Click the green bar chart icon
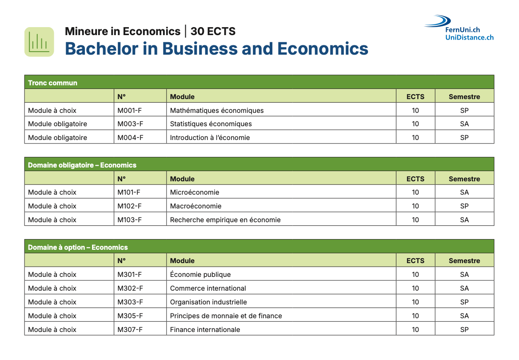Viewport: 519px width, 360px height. [x=39, y=42]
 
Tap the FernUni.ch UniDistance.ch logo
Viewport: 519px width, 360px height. [x=460, y=28]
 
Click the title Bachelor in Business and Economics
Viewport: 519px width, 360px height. [x=216, y=48]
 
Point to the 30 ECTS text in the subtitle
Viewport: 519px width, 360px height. [x=213, y=31]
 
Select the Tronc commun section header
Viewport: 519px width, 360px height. [x=52, y=83]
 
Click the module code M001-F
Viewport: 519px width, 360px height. [x=130, y=110]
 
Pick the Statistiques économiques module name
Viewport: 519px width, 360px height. [x=211, y=124]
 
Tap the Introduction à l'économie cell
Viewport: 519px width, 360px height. [x=210, y=138]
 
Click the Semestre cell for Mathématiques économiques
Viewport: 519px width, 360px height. [x=464, y=110]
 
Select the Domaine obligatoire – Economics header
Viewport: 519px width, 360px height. [x=82, y=165]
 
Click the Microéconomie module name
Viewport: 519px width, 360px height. [x=195, y=192]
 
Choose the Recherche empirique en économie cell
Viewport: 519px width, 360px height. [x=225, y=220]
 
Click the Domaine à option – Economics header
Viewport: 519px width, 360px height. [x=78, y=247]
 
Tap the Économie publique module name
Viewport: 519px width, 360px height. [x=200, y=275]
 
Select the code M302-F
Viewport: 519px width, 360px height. [x=130, y=288]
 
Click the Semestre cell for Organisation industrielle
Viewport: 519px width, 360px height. [x=464, y=302]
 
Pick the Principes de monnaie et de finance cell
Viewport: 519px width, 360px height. [x=226, y=316]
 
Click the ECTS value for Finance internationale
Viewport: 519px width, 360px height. [x=415, y=330]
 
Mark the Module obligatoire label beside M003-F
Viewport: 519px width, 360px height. [x=57, y=124]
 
